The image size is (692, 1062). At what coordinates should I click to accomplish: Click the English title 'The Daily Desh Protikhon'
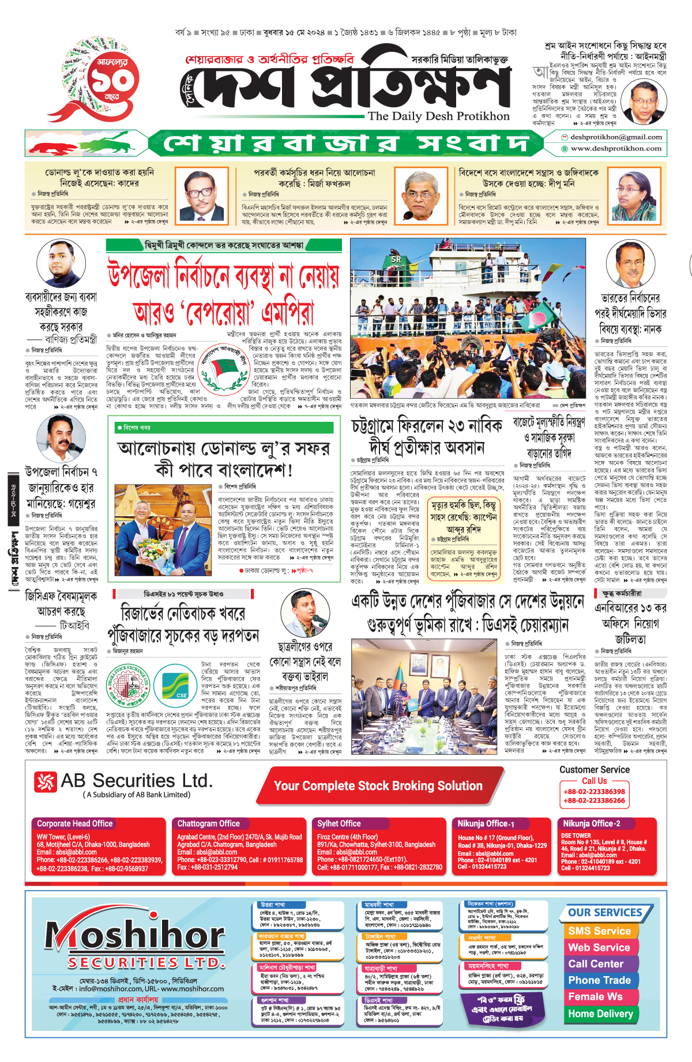[x=438, y=116]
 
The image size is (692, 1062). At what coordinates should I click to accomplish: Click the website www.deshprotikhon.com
[x=616, y=149]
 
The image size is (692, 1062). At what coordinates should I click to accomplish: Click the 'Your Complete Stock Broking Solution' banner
[x=378, y=786]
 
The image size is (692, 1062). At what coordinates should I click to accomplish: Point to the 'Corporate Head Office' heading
[x=75, y=823]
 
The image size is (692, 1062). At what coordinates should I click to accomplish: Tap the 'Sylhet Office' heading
[x=339, y=823]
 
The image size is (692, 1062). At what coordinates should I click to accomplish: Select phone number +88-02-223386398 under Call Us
[x=594, y=792]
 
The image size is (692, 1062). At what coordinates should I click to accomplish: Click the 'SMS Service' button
[x=600, y=931]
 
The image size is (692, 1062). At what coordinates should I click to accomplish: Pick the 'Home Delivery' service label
[x=600, y=1014]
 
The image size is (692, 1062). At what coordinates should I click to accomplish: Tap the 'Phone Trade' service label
[x=600, y=980]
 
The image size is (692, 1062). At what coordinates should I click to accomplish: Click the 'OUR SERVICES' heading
[x=605, y=913]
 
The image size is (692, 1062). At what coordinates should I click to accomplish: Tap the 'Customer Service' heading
[x=595, y=770]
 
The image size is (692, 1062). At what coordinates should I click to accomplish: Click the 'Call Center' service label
[x=596, y=964]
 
